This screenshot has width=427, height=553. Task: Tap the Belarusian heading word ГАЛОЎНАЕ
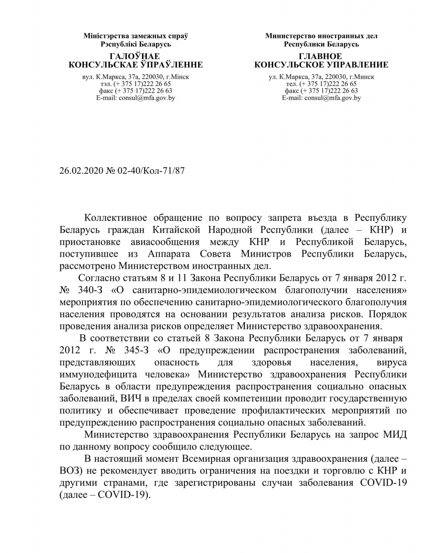click(135, 57)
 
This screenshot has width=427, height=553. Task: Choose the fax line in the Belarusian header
click(135, 91)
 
